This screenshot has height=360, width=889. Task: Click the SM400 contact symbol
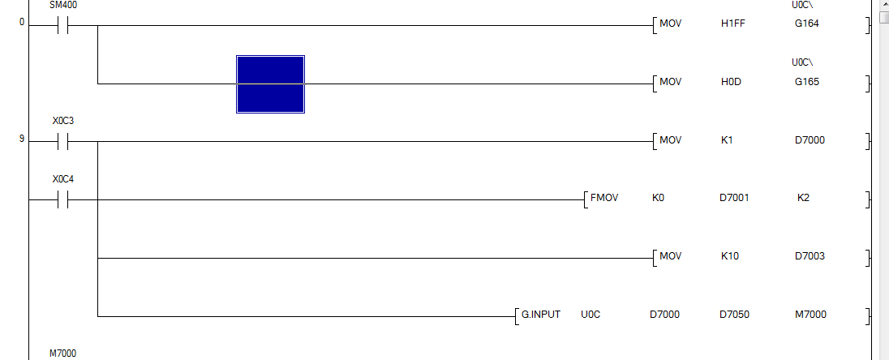62,25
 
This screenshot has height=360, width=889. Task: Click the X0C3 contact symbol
62,141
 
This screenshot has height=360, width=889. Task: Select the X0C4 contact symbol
62,199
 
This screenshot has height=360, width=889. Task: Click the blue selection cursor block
270,84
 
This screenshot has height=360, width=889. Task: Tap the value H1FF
732,24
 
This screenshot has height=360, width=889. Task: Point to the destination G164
807,24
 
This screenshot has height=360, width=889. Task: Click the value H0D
731,82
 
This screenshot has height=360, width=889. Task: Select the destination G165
807,82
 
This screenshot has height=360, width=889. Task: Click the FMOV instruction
603,198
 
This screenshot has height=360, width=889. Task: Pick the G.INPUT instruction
541,314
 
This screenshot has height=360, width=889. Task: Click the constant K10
730,256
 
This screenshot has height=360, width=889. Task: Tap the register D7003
810,256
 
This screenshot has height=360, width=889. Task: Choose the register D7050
735,314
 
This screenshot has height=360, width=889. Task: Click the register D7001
734,198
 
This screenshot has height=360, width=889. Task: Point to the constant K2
803,198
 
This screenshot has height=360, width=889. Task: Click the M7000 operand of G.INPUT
811,314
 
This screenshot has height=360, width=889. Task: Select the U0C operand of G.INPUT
591,314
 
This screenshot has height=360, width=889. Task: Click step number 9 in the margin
21,139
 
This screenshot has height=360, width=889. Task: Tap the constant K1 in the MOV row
727,140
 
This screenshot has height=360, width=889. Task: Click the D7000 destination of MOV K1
810,140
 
